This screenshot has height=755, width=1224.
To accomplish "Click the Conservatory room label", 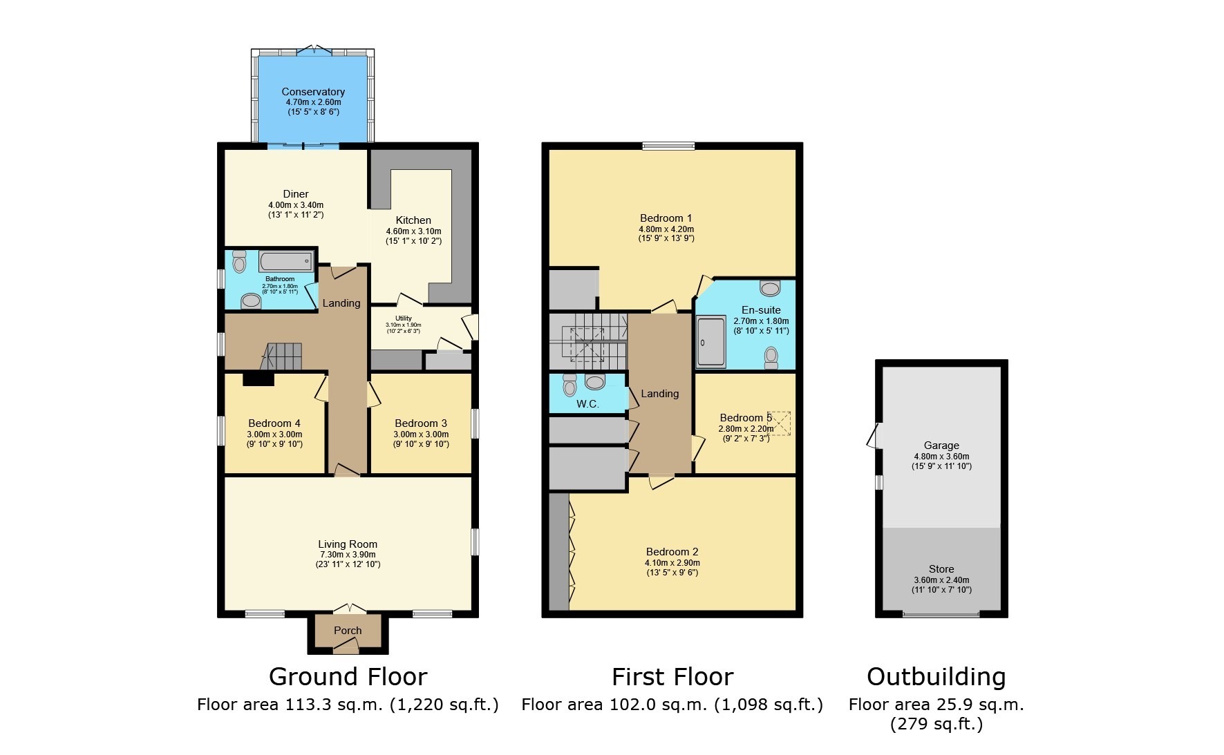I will point(312,92).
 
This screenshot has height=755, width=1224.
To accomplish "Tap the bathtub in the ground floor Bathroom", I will point(286,262).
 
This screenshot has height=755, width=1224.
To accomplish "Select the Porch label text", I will point(347,631).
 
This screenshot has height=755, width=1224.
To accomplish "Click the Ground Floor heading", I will point(348,676).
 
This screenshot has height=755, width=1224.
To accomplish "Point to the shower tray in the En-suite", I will point(710,341).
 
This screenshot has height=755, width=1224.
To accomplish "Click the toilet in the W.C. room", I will point(569,384).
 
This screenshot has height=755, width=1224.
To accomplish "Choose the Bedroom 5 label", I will point(745,418).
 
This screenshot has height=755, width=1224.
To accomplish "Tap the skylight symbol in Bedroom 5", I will point(780,423).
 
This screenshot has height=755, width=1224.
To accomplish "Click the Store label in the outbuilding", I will point(941,569).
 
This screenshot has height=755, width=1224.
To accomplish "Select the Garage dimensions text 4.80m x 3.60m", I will point(941,457).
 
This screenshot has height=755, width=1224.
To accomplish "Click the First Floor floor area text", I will point(672,705).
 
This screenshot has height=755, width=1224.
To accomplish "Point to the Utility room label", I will point(404,318).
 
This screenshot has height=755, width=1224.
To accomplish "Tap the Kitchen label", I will point(413,220).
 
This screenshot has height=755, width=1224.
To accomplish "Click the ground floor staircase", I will point(283,356).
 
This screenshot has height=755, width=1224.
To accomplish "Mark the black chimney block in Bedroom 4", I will point(258,379).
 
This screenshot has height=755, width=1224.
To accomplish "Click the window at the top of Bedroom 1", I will point(668,146).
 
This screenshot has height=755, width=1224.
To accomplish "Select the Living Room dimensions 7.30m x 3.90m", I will point(347,555).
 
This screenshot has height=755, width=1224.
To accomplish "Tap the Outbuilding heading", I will point(936,676).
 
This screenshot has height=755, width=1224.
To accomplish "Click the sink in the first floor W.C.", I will point(595,382).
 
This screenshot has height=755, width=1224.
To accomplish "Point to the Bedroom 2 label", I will point(672,552).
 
